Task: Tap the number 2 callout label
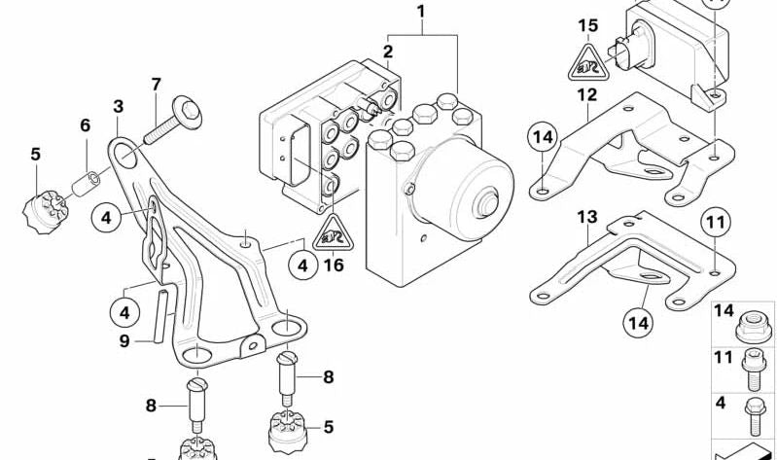coord(387,51)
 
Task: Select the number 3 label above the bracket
coord(118,106)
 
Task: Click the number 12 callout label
coord(585,94)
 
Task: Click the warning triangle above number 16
coord(331,231)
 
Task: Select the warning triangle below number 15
coord(585,64)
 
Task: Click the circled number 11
coord(716,224)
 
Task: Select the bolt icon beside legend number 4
coord(753,410)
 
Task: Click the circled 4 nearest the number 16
coord(303,264)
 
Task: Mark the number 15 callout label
coord(585,25)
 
